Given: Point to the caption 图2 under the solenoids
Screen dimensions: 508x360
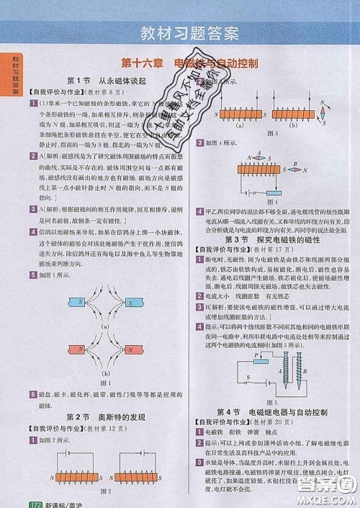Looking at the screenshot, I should pos(105,491).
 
